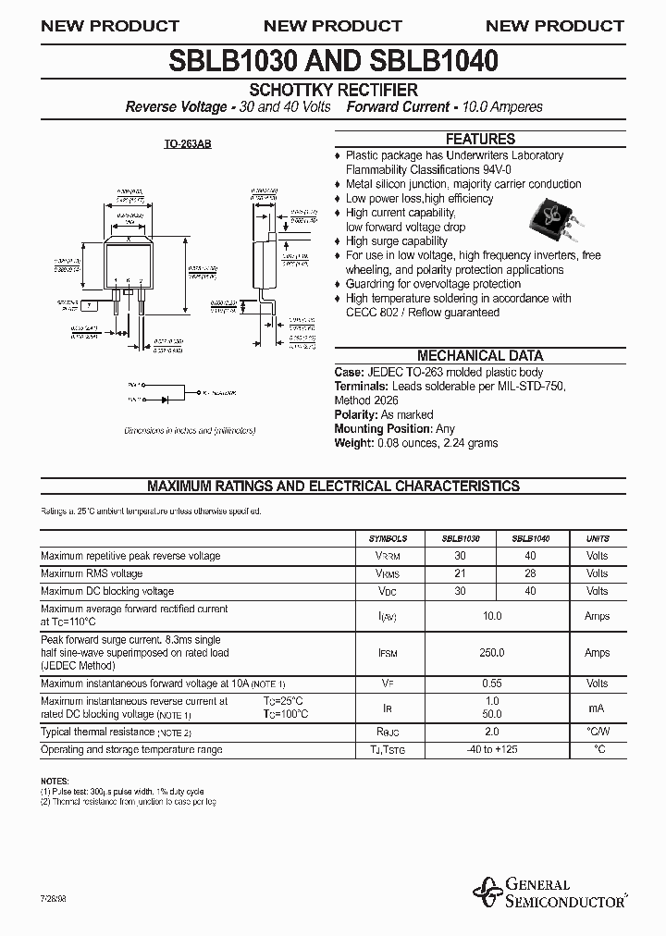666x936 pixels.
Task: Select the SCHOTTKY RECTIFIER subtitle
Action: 334,90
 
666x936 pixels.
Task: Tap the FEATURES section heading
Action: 480,139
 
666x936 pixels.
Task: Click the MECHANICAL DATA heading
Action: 480,355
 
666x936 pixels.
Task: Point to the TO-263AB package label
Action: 187,146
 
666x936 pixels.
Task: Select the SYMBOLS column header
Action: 388,538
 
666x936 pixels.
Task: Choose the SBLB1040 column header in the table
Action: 531,538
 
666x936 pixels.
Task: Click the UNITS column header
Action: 597,538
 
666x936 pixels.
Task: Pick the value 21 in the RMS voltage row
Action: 460,573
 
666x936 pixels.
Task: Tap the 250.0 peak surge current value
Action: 492,653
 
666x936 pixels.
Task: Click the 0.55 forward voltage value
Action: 492,684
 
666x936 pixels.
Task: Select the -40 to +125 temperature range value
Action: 492,749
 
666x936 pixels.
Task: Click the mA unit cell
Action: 597,708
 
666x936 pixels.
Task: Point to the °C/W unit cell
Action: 597,732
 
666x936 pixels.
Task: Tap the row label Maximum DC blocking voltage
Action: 107,591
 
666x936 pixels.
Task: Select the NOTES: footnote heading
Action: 55,782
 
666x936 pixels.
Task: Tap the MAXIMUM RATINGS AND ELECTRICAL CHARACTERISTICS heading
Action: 334,486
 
